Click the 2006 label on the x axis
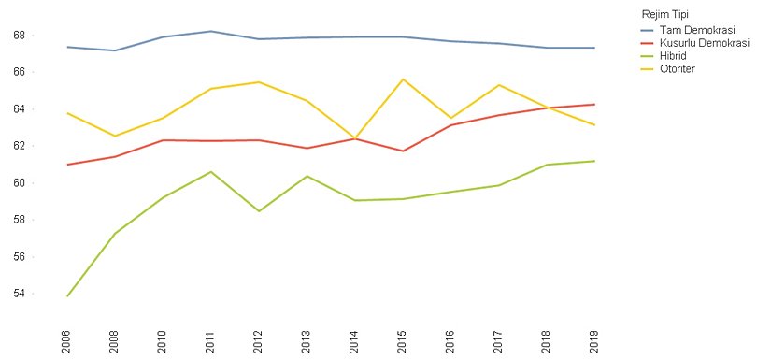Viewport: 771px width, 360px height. point(66,340)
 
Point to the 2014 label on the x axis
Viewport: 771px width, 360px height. point(355,340)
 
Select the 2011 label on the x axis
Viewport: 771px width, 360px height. point(211,340)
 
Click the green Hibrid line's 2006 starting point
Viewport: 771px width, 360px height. point(66,296)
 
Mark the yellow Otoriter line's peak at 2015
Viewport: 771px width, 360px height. point(403,79)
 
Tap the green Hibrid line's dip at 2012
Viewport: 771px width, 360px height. point(259,211)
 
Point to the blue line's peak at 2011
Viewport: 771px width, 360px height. point(211,31)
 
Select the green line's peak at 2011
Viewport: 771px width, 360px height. point(211,171)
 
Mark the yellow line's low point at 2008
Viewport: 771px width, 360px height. point(115,137)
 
